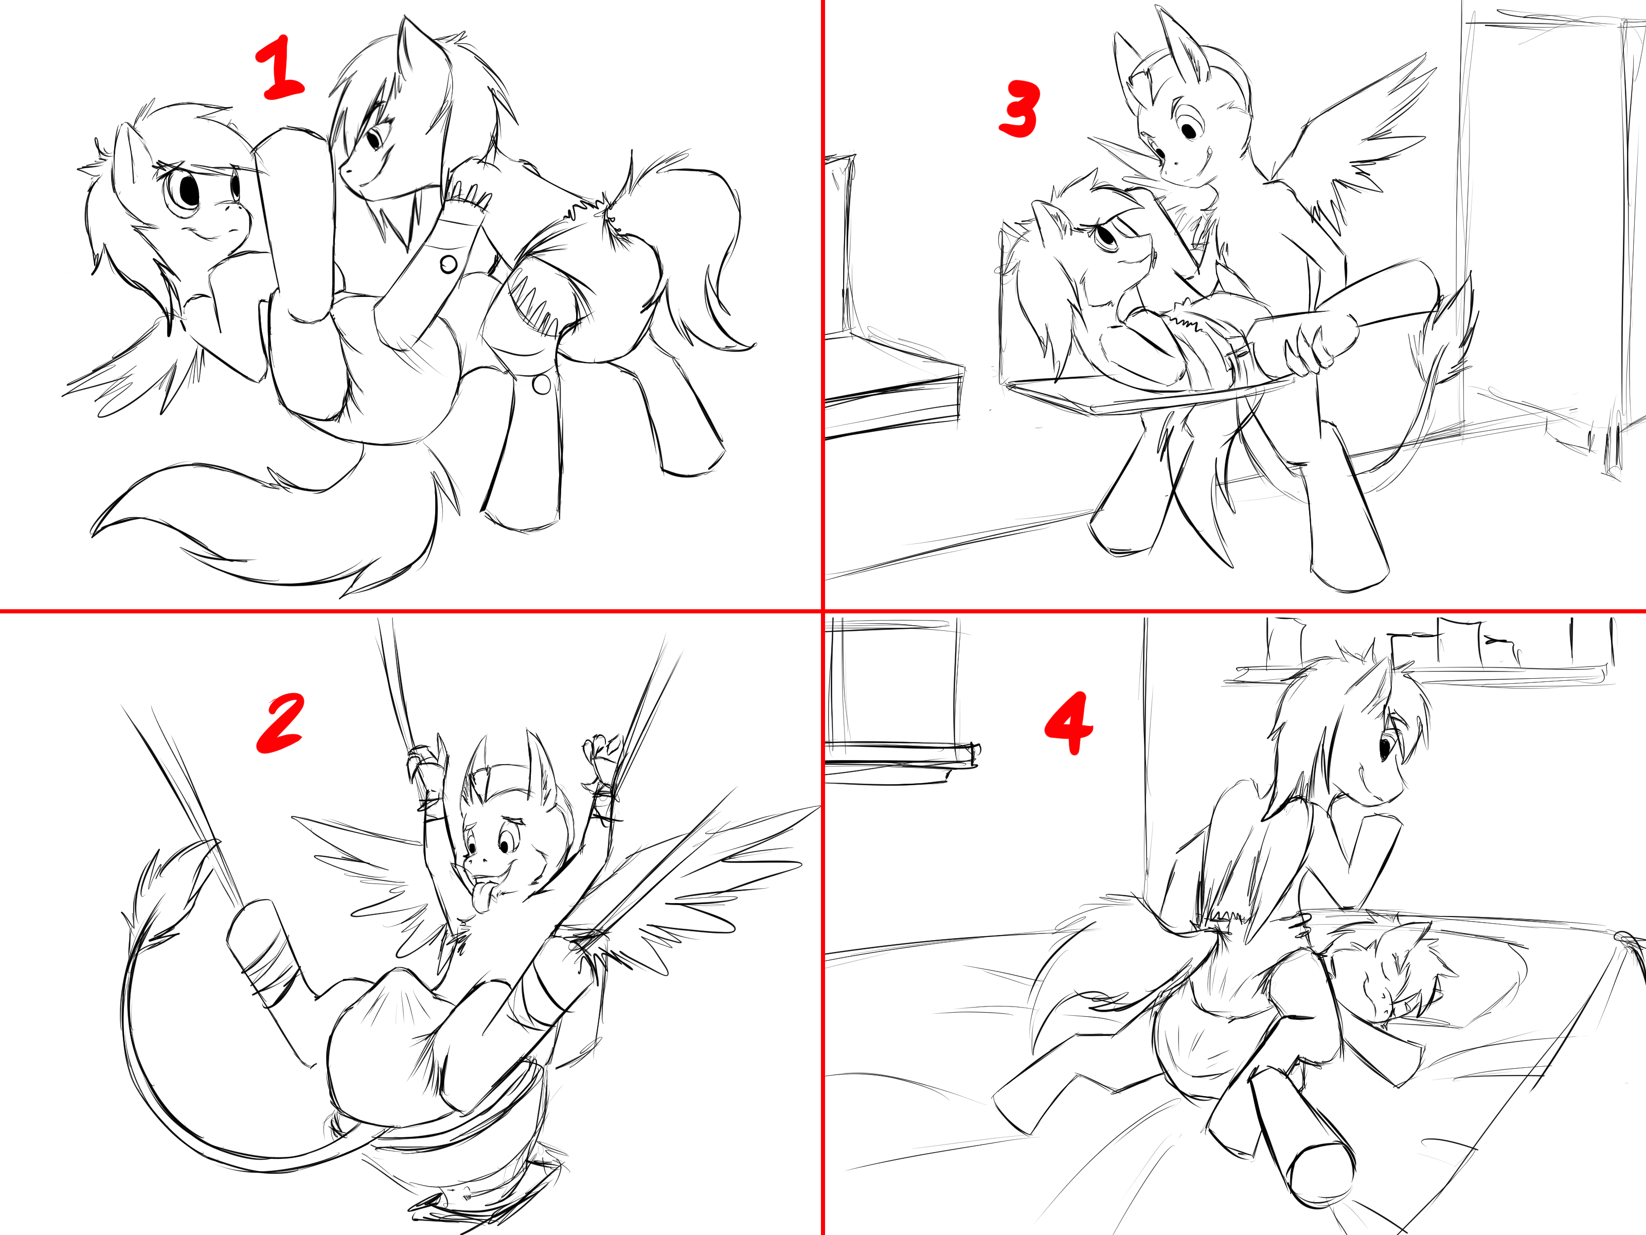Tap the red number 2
280,721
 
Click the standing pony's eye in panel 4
1386,747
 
